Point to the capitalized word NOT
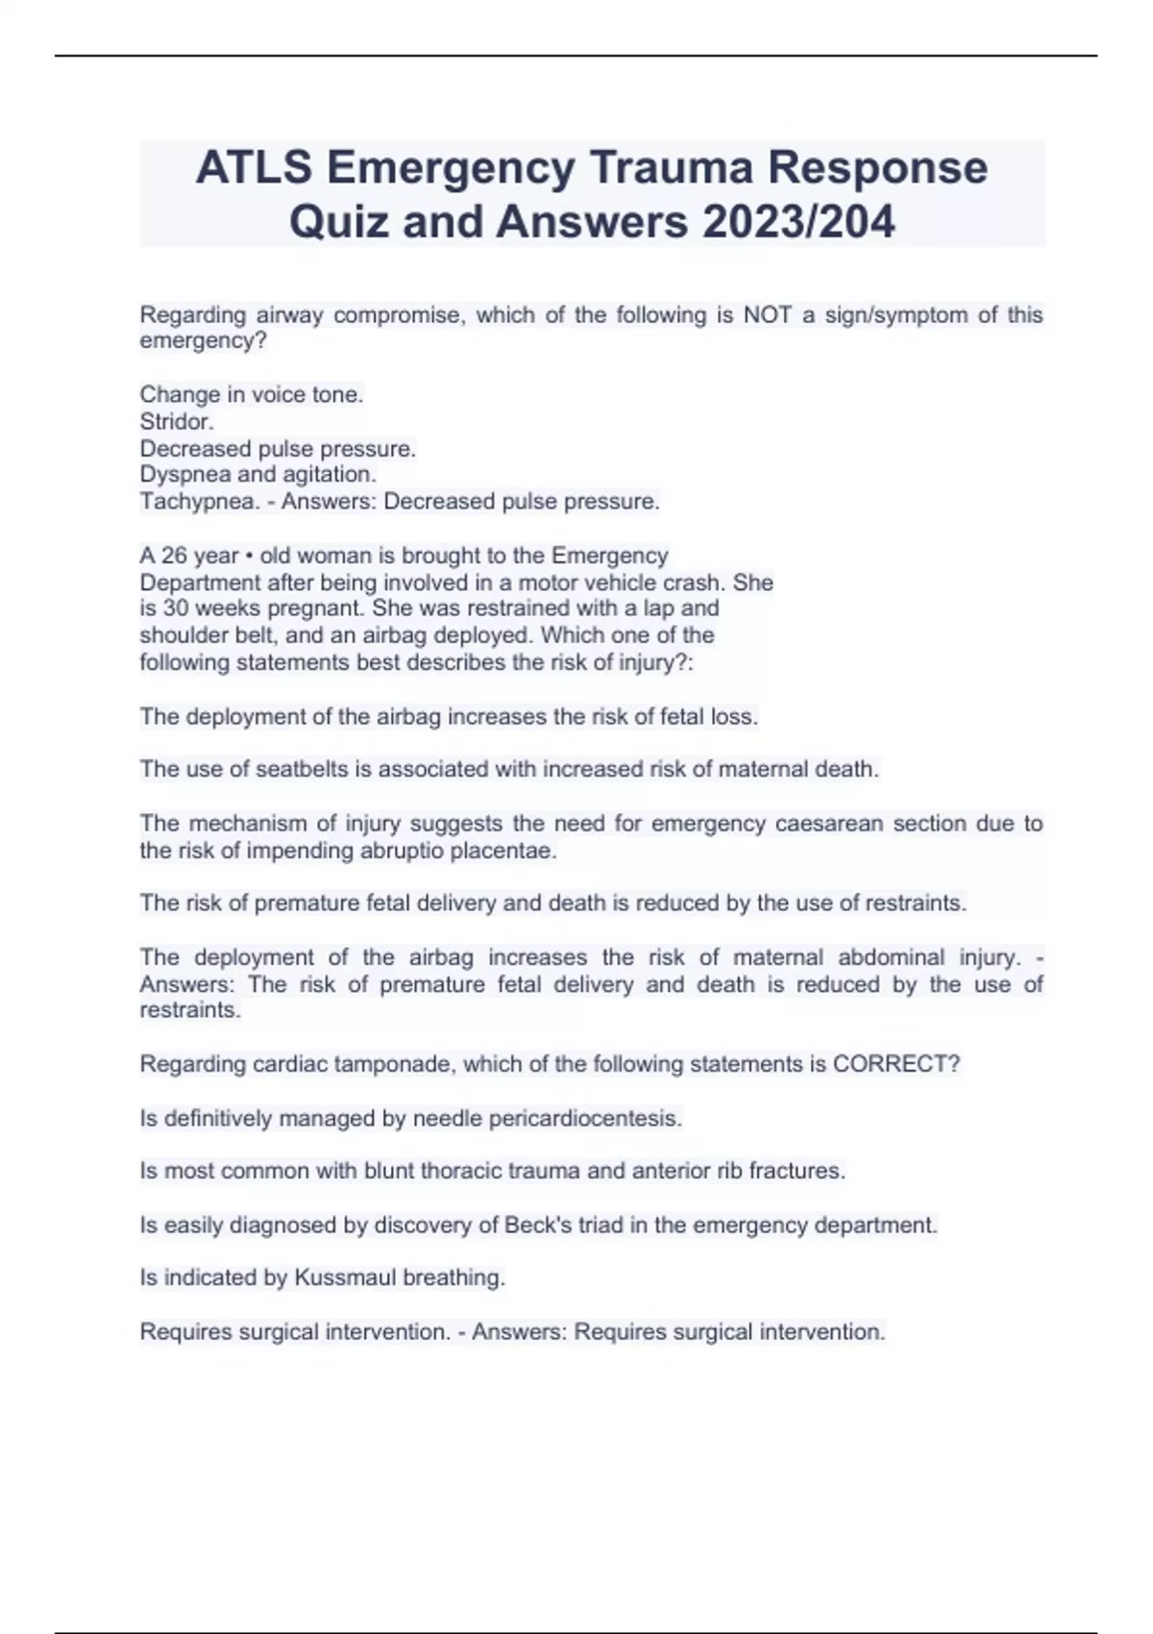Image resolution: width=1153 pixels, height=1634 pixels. click(767, 315)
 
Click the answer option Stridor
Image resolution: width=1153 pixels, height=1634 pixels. click(177, 422)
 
